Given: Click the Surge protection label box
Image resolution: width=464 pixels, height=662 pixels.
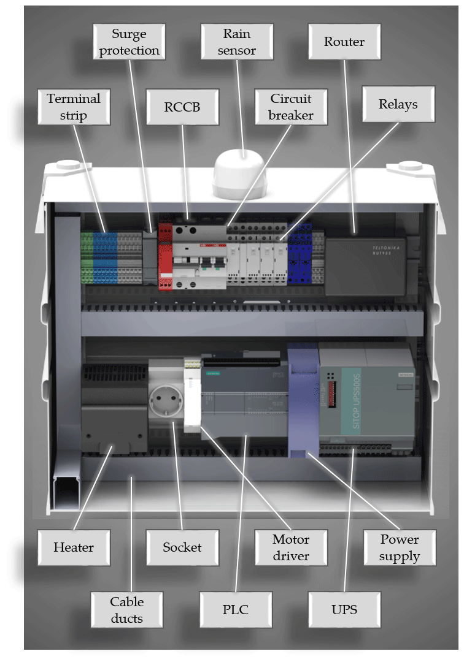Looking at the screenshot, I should tap(130, 42).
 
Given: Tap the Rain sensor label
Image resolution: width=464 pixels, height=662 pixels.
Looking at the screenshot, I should tap(237, 42).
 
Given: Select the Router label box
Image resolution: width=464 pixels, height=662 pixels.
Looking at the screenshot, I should tap(344, 42).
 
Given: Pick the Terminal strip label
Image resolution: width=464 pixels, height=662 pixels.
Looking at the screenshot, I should tap(74, 107).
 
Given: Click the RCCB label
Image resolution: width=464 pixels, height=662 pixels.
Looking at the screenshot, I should tap(182, 107).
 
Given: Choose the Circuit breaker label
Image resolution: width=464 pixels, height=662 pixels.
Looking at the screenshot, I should tap(291, 107).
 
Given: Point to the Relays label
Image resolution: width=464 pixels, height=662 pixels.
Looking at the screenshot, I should tap(398, 104).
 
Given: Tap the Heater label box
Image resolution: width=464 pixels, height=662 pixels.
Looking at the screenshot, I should tap(74, 547).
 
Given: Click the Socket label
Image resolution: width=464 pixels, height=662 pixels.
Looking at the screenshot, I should tap(182, 547).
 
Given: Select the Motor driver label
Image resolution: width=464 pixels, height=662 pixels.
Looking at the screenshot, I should tap(291, 547).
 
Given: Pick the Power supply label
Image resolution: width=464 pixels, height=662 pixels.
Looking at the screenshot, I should tap(400, 547).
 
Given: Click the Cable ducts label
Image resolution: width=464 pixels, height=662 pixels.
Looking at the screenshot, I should tap(127, 609).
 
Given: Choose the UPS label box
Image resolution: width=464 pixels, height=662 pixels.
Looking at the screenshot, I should tap(344, 609).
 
